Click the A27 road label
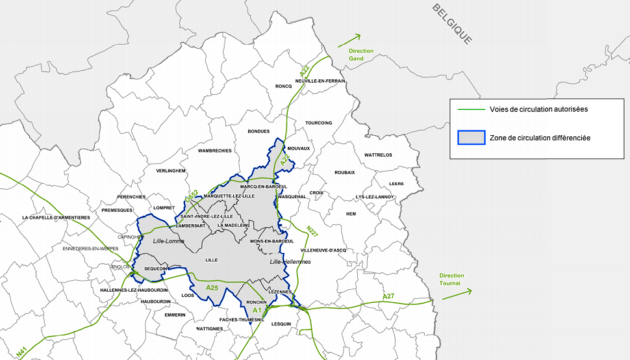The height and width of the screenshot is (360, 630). tap(388, 296)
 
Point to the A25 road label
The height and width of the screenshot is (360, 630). tap(212, 287)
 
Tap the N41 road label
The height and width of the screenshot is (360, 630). tap(21, 352)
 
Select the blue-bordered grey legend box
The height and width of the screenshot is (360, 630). tap(472, 138)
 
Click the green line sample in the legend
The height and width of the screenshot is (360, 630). tap(472, 109)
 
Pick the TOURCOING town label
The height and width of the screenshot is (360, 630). tap(318, 123)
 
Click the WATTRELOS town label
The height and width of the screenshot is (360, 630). tap(378, 155)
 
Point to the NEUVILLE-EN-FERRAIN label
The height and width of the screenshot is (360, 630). tap(320, 81)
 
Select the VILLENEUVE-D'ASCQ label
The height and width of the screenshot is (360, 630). tap(323, 250)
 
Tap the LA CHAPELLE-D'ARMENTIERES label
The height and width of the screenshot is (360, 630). tap(56, 218)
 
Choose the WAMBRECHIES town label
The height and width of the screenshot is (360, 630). tap(214, 151)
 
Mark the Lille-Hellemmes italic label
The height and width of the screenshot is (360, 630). tap(290, 262)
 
